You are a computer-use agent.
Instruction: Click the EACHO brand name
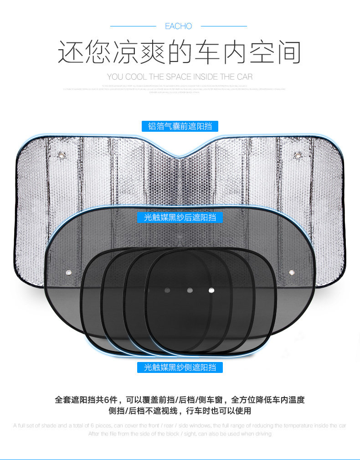pos(179,26)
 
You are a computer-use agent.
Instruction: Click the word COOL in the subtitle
pos(136,77)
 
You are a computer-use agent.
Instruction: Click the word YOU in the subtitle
pos(115,77)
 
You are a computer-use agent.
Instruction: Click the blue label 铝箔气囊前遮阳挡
pos(180,126)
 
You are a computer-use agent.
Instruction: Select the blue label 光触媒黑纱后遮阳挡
pos(180,217)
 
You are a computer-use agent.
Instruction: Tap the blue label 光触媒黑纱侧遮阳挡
pos(180,367)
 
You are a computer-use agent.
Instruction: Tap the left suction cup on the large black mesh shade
pos(69,273)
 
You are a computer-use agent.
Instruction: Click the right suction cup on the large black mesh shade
pos(291,273)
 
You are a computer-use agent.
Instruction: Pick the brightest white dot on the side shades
pos(211,289)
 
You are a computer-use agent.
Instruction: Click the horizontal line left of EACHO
pos(133,26)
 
